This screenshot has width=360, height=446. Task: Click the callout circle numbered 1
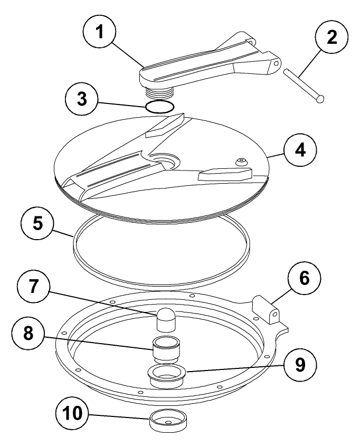(x=99, y=31)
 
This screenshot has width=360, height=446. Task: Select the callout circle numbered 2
(x=331, y=37)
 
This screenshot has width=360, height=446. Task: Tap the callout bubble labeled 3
(x=82, y=99)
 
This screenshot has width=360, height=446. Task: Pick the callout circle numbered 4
(x=300, y=149)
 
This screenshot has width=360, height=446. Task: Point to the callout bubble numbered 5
(x=37, y=223)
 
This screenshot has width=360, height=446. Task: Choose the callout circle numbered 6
(x=304, y=278)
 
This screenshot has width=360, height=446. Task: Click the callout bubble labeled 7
(x=34, y=286)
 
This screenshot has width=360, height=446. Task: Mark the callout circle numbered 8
(x=28, y=333)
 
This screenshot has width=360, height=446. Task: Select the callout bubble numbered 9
(x=300, y=365)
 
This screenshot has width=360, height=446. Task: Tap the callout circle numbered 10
(x=72, y=414)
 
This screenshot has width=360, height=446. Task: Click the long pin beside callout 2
(x=304, y=86)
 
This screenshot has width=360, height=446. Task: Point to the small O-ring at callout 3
(x=159, y=107)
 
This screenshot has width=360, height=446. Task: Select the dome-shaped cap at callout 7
(x=166, y=319)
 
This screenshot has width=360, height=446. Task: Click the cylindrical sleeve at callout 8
(x=165, y=350)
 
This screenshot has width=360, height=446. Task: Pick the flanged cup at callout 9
(x=166, y=376)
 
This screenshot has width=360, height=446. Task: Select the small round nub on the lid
(x=241, y=162)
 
